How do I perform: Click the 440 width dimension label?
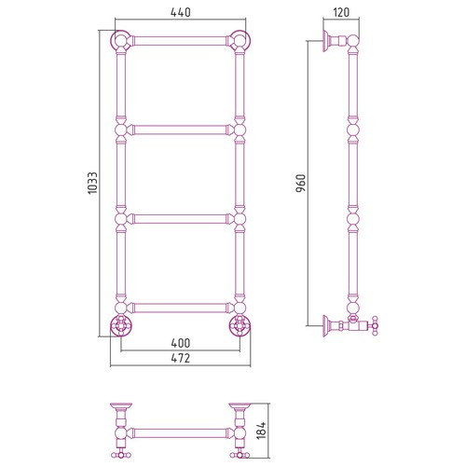click(x=181, y=12)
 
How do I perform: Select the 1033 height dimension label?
click(x=92, y=183)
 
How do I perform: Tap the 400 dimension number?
click(x=181, y=343)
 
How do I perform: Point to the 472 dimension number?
click(x=181, y=358)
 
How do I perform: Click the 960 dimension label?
click(x=301, y=184)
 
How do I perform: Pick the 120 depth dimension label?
click(x=341, y=12)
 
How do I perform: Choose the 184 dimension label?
click(x=262, y=431)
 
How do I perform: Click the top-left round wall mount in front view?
click(x=121, y=41)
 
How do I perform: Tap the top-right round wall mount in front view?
click(x=240, y=41)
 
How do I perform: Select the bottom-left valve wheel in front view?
click(x=121, y=326)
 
